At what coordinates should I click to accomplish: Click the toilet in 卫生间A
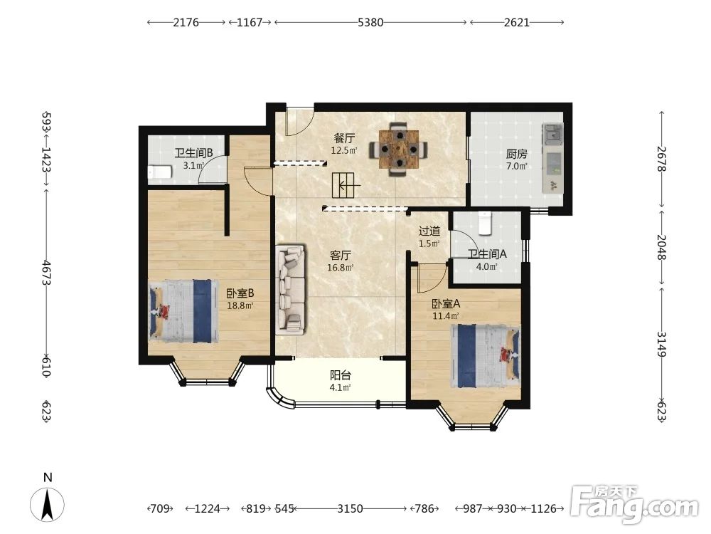[x=485, y=223]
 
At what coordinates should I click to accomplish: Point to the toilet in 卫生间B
[x=159, y=172]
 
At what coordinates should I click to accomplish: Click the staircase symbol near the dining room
[x=346, y=185]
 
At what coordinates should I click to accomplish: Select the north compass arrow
[x=47, y=504]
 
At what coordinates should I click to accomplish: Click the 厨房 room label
[x=516, y=154]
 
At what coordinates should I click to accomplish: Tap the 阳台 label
[x=340, y=375]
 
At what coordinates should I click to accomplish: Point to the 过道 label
[x=429, y=231]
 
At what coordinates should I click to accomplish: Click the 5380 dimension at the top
[x=370, y=22]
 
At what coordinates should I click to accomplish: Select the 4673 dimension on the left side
[x=47, y=273]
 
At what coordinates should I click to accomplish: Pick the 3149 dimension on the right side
[x=661, y=345]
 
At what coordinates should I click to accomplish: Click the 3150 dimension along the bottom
[x=350, y=508]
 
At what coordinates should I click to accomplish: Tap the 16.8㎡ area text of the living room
[x=340, y=268]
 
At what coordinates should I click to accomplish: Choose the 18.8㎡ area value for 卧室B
[x=240, y=305]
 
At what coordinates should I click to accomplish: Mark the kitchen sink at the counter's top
[x=552, y=133]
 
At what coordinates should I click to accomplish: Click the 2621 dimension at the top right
[x=517, y=22]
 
